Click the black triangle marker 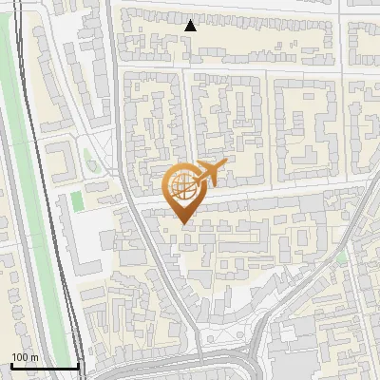click(191, 26)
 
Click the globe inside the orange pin click(181, 185)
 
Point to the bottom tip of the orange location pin click(182, 224)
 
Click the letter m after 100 click(34, 357)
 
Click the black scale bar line click(44, 366)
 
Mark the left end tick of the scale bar click(10, 365)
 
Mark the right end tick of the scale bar click(77, 365)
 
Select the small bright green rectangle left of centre click(76, 201)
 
